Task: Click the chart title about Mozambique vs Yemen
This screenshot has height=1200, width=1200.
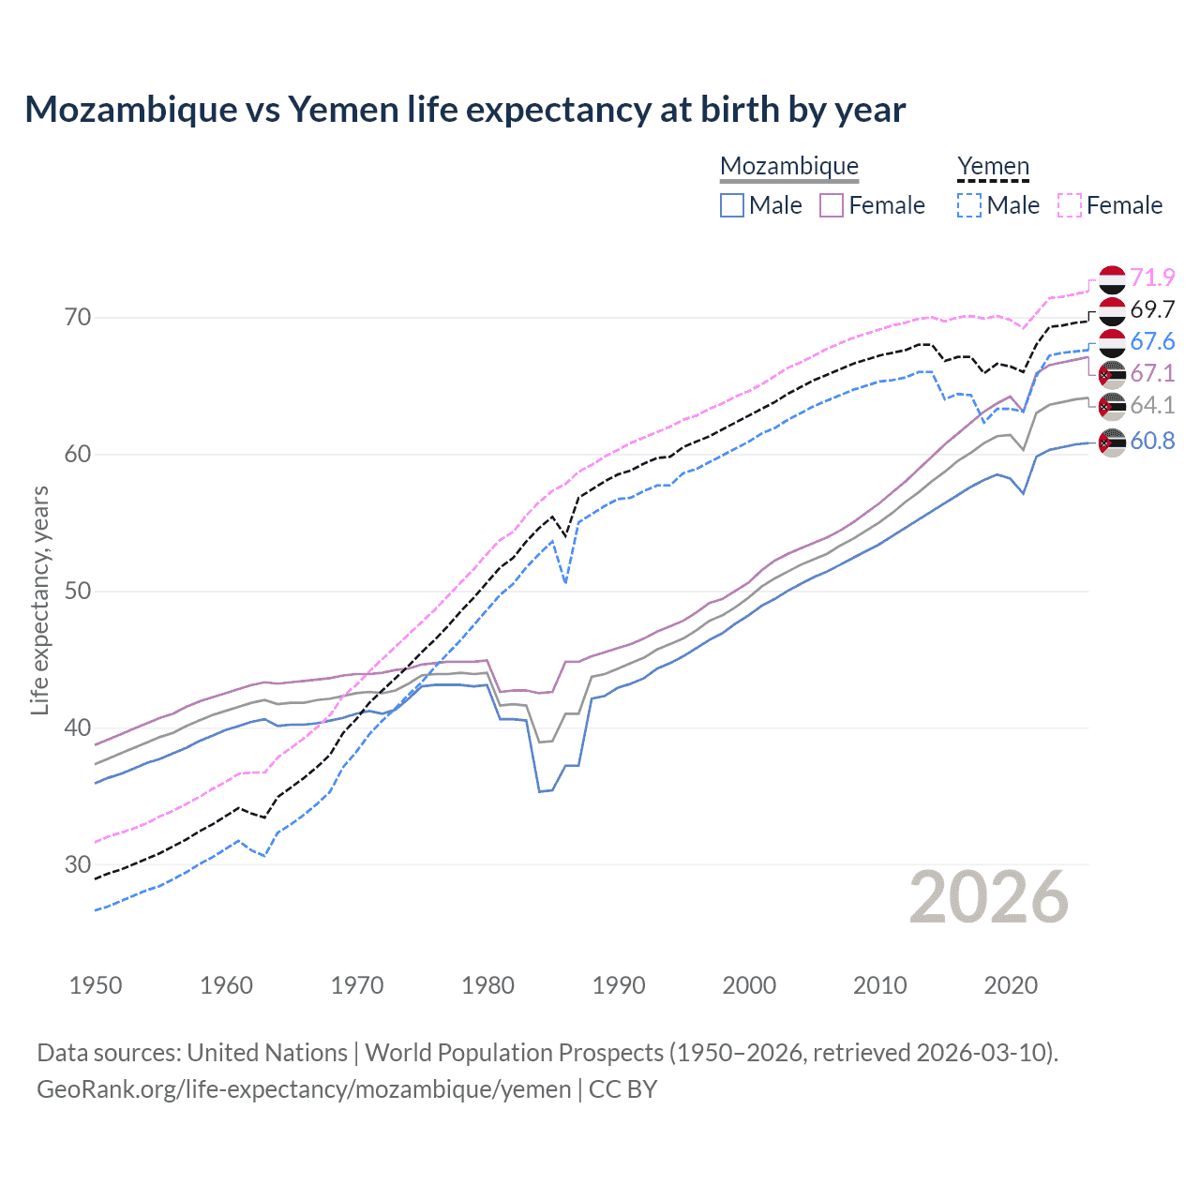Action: (465, 110)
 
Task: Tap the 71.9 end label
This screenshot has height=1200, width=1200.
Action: (1152, 278)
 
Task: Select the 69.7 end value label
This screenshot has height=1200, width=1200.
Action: (1152, 310)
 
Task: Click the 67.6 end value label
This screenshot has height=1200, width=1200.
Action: (1152, 342)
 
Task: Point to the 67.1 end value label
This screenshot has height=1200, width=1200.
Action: (1152, 374)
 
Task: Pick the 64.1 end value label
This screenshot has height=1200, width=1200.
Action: (1152, 406)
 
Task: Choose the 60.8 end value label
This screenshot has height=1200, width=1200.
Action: (1152, 441)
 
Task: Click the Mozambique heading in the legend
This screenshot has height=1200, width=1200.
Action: (789, 166)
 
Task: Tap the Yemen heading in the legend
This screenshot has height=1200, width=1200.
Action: (993, 166)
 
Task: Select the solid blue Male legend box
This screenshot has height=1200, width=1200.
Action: (732, 205)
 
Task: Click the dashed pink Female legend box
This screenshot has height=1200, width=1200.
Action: (1070, 205)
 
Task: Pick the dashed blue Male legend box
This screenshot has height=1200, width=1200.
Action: (969, 205)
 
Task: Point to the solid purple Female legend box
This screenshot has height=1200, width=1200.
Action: (832, 205)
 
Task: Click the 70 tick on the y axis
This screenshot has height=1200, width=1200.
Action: (78, 318)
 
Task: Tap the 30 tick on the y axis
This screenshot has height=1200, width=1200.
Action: (78, 864)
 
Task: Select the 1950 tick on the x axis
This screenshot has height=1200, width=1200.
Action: (96, 985)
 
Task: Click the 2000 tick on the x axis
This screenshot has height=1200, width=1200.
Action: (749, 985)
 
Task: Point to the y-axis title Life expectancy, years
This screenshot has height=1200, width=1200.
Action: (40, 600)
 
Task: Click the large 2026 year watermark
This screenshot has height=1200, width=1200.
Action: (989, 897)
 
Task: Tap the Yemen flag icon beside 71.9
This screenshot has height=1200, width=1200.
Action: (1112, 279)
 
